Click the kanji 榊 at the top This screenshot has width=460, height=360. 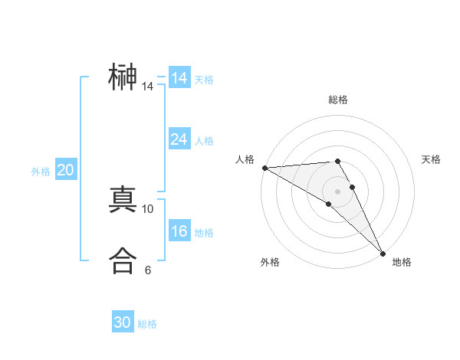pyautogui.click(x=123, y=78)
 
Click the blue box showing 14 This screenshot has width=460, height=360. pyautogui.click(x=179, y=78)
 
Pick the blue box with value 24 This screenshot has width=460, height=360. pyautogui.click(x=179, y=139)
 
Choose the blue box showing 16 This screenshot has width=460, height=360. pyautogui.click(x=179, y=231)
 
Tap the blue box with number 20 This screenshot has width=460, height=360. pyautogui.click(x=65, y=170)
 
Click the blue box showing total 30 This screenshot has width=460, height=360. pyautogui.click(x=123, y=322)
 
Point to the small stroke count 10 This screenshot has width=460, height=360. pyautogui.click(x=148, y=208)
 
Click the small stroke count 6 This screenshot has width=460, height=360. pyautogui.click(x=148, y=270)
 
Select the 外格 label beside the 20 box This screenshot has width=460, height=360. pyautogui.click(x=41, y=172)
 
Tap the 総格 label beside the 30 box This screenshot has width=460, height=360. pyautogui.click(x=147, y=324)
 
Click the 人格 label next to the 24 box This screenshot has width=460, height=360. pyautogui.click(x=204, y=141)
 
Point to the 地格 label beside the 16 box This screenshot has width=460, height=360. pyautogui.click(x=204, y=233)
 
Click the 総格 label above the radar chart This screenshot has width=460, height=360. pyautogui.click(x=337, y=100)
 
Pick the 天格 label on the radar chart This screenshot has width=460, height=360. pyautogui.click(x=432, y=159)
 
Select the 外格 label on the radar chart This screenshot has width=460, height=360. pyautogui.click(x=270, y=262)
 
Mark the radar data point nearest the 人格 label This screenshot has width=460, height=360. pyautogui.click(x=264, y=167)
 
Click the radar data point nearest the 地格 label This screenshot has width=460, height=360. pyautogui.click(x=383, y=253)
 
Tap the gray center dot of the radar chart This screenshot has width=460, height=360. pyautogui.click(x=337, y=191)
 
